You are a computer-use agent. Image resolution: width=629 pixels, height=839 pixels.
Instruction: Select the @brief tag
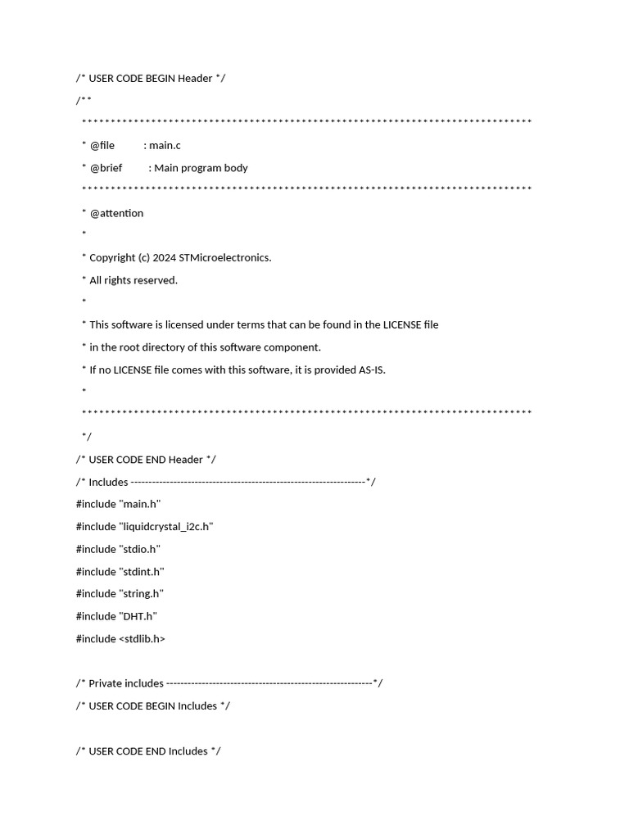(106, 168)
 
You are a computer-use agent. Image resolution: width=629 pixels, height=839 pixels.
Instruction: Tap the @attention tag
(116, 213)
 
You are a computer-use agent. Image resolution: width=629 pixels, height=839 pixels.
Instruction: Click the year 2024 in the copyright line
(165, 258)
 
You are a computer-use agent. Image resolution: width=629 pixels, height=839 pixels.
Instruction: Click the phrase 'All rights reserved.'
(133, 280)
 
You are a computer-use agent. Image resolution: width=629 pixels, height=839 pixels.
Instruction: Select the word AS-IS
(372, 370)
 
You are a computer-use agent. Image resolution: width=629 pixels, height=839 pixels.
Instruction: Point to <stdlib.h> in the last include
(142, 639)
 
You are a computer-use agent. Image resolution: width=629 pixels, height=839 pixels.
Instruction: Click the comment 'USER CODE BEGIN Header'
(151, 79)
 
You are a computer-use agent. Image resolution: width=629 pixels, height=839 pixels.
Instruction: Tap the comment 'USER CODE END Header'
(146, 460)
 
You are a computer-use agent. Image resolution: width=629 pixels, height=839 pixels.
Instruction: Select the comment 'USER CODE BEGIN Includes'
(153, 706)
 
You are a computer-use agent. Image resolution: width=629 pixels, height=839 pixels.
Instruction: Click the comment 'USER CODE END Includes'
(148, 751)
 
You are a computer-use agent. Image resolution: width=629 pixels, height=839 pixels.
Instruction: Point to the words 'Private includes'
(126, 683)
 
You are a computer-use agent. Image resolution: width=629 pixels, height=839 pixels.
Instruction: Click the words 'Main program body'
(201, 168)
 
